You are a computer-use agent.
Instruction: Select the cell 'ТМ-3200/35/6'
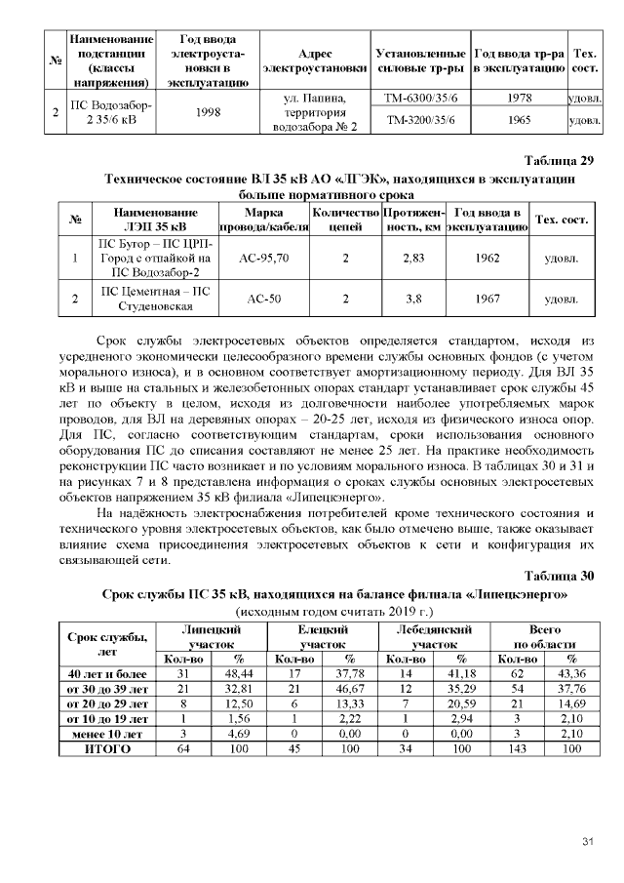[420, 121]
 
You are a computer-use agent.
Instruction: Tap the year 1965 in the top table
[517, 121]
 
